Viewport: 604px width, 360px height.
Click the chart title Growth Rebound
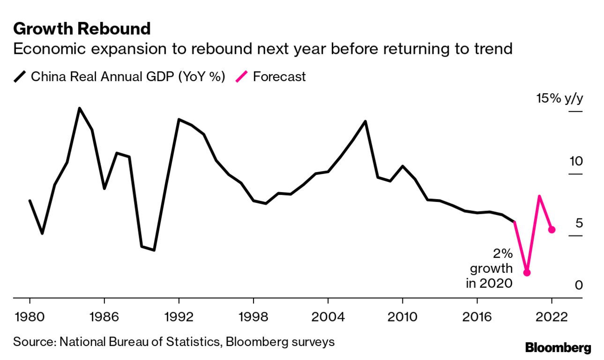click(x=82, y=29)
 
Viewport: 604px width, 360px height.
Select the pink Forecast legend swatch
click(x=242, y=76)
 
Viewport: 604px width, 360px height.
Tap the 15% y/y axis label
click(x=560, y=99)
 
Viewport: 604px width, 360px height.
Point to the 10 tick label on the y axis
click(x=575, y=162)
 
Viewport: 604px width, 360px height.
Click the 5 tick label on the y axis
click(x=579, y=223)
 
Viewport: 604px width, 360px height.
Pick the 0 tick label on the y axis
click(x=579, y=285)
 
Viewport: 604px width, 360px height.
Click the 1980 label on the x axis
click(x=30, y=317)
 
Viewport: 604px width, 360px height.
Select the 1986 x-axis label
click(x=104, y=317)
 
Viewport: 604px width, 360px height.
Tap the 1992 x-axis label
click(x=179, y=317)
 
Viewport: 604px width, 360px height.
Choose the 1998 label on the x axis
click(x=253, y=317)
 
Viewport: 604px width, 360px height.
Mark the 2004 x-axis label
click(x=328, y=317)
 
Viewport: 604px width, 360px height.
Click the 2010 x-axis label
click(x=402, y=317)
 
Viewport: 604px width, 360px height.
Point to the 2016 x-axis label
click(x=477, y=317)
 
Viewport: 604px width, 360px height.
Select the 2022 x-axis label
click(x=552, y=317)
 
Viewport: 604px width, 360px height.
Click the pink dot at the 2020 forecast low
click(x=527, y=272)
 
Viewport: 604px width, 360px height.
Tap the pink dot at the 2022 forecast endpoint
click(x=552, y=229)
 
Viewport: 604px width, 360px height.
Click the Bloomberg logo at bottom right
click(x=558, y=348)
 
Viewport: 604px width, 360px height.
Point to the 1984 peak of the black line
click(x=79, y=108)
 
